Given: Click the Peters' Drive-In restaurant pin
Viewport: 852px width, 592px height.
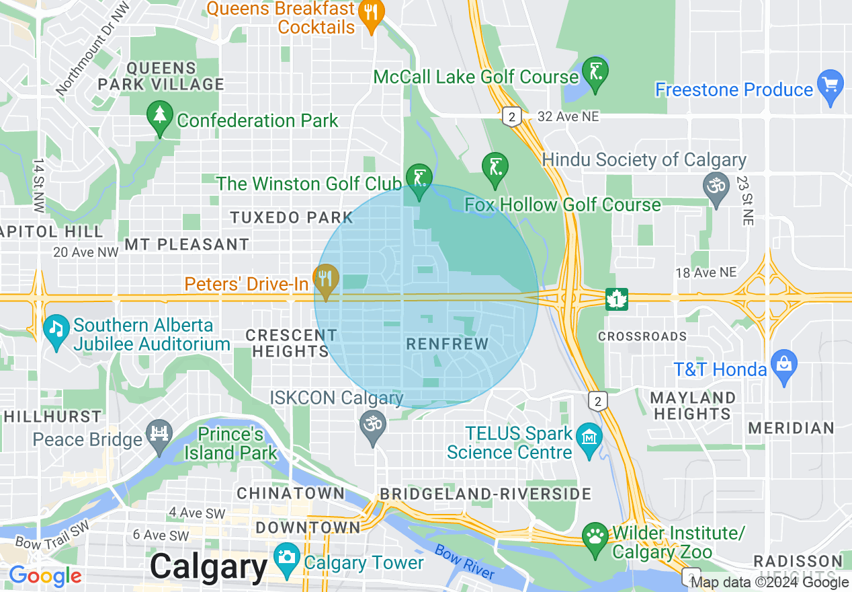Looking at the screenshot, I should click(326, 279).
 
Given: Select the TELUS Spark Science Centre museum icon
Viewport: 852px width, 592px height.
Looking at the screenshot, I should click(589, 438).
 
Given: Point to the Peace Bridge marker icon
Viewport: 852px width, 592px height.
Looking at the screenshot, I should click(159, 434).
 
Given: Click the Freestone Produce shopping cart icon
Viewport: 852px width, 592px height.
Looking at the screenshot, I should click(831, 85).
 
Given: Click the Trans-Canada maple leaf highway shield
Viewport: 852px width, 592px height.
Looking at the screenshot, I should click(617, 298).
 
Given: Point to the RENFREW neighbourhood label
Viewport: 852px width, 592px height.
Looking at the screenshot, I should click(448, 344).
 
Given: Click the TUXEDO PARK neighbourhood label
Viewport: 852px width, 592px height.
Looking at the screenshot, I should click(292, 217).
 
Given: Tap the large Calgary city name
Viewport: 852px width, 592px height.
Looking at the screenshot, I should click(209, 566).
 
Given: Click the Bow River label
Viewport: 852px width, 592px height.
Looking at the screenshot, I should click(465, 562).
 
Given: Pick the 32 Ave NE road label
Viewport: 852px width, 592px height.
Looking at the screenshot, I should click(568, 117).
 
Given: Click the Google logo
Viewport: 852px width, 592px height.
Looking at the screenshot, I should click(46, 576).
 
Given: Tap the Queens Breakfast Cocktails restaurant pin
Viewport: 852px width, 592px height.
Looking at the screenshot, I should click(371, 13).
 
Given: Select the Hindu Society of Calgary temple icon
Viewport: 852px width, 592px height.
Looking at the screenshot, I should click(716, 183).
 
